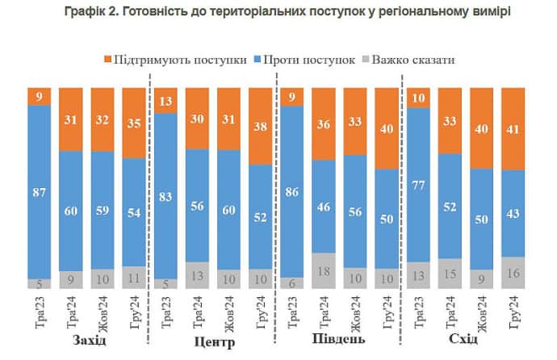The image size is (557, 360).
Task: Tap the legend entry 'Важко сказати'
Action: [410, 60]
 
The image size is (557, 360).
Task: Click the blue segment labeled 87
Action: [40, 192]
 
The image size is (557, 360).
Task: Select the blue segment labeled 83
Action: [165, 196]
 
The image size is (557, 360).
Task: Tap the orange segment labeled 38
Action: [261, 127]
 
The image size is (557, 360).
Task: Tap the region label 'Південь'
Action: [339, 339]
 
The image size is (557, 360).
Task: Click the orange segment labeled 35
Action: [134, 123]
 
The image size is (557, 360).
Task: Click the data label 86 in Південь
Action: [292, 193]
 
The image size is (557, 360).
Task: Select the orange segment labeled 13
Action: [165, 101]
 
